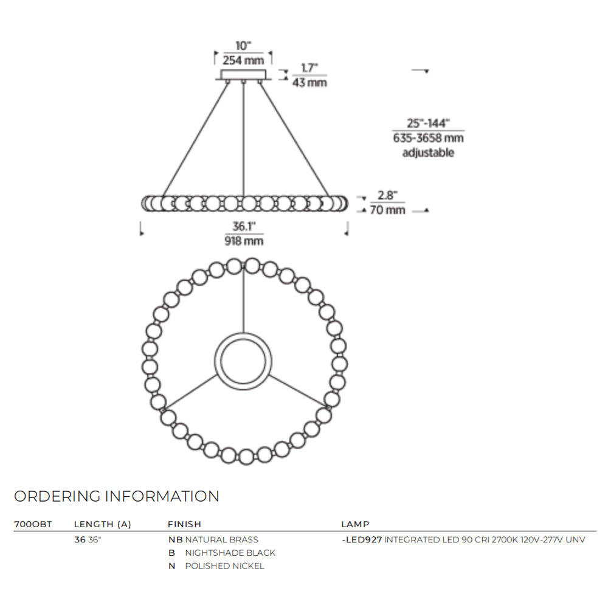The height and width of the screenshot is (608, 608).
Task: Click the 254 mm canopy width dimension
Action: (243, 60)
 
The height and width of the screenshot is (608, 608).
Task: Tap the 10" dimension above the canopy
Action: (243, 46)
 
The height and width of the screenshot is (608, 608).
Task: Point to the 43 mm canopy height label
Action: (309, 82)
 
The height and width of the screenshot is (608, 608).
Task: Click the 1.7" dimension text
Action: (309, 68)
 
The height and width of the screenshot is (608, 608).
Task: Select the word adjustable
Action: (428, 153)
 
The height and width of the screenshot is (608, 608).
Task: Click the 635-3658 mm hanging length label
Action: (428, 137)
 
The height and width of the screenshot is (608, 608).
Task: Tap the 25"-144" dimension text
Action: (428, 123)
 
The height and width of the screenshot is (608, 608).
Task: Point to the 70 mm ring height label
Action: (387, 210)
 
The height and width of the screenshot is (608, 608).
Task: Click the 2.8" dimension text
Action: (387, 195)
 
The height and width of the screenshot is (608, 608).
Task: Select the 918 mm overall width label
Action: (244, 241)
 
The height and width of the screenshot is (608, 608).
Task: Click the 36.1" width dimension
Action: (244, 226)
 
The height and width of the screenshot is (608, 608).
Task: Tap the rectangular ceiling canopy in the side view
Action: (244, 74)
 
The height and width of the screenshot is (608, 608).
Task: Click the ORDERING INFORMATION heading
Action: (117, 496)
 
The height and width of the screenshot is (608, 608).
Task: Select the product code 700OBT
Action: (33, 524)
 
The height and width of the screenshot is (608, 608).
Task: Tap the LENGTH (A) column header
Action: (103, 524)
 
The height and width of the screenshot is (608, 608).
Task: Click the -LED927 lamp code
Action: (362, 540)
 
